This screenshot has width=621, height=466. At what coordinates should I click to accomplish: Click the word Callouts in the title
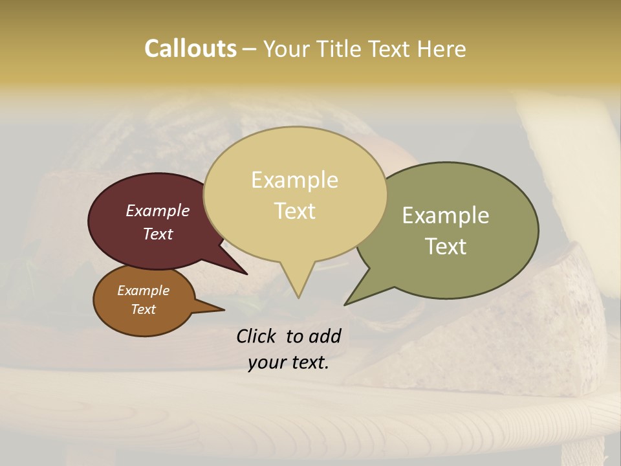click(x=190, y=49)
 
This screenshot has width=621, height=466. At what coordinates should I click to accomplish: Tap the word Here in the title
click(x=442, y=49)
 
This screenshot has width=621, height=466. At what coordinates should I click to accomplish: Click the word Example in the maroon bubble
click(x=158, y=210)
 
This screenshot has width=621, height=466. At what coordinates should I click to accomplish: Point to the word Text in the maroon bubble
click(x=158, y=234)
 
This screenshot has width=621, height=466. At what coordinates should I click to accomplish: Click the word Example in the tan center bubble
click(x=294, y=180)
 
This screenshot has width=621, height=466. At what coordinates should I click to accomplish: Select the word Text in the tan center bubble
click(x=294, y=211)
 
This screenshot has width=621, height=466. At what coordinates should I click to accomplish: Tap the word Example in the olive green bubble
click(x=446, y=216)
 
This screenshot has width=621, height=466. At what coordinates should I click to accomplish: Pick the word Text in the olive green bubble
click(x=446, y=247)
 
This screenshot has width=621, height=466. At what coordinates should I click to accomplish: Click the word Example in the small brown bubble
click(x=143, y=291)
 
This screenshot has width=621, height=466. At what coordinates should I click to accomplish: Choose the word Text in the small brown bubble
click(x=143, y=309)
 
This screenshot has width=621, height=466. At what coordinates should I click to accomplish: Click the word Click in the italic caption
click(x=257, y=336)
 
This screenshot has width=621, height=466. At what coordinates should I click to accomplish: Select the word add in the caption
click(x=325, y=336)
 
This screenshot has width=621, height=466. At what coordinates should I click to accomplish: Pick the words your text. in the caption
click(x=289, y=362)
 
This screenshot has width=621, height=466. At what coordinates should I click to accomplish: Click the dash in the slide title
click(x=250, y=49)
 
